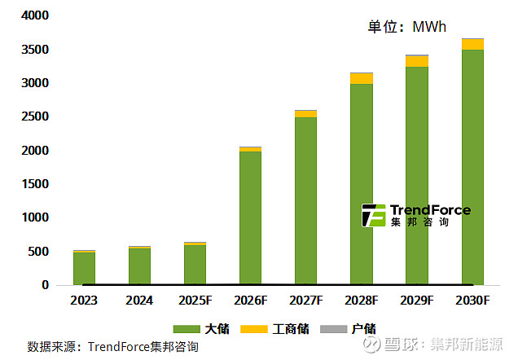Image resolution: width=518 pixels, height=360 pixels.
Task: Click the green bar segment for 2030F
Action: point(472,167)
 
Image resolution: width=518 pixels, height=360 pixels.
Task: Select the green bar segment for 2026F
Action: point(250,217)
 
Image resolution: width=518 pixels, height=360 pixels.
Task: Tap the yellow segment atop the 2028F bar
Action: point(362,78)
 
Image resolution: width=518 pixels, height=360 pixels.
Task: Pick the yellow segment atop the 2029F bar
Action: point(417,62)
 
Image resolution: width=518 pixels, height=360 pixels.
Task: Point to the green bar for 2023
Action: point(84,268)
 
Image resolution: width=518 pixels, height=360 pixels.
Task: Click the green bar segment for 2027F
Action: point(305,200)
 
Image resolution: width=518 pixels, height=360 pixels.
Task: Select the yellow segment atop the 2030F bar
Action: point(472,44)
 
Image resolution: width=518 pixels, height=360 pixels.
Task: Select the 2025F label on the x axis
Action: point(195,301)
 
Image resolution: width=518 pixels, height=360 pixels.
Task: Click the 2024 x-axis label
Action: point(139,301)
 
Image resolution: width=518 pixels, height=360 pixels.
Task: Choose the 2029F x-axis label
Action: point(417,301)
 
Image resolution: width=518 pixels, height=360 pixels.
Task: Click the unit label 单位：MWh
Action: point(407,27)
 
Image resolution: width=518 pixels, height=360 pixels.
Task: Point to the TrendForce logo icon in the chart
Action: point(374,215)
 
